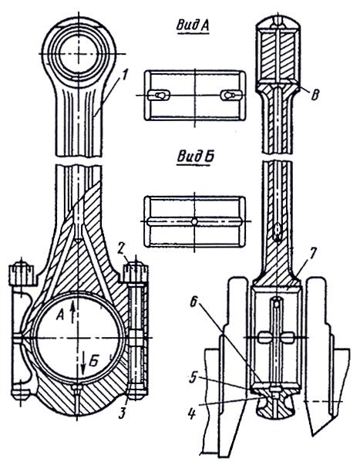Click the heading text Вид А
(x=193, y=25)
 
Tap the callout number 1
(x=124, y=75)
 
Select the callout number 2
(x=120, y=249)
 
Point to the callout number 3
(x=123, y=413)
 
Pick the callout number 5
(x=193, y=379)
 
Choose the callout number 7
(x=312, y=253)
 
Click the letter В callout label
(x=315, y=94)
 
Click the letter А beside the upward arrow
(x=60, y=315)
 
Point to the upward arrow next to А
(x=72, y=313)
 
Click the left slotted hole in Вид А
(x=159, y=95)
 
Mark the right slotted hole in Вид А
(x=230, y=95)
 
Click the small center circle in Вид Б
(x=193, y=221)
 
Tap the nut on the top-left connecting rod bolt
(x=21, y=273)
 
